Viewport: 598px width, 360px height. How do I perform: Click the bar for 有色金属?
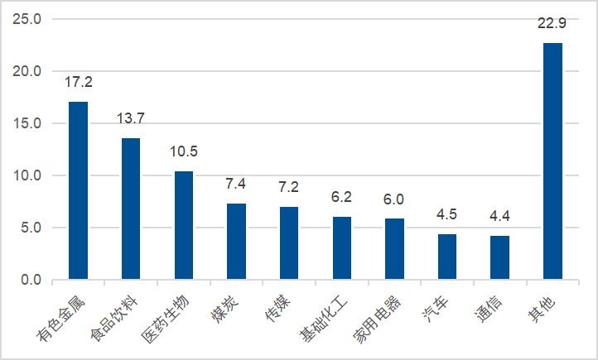click(78, 190)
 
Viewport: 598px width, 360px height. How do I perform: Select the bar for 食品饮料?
click(131, 209)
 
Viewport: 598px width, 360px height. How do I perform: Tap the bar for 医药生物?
click(184, 225)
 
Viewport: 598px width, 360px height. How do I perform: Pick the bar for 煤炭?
click(236, 242)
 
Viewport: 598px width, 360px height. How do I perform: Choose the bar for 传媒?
click(289, 243)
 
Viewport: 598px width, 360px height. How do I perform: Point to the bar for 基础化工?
click(342, 248)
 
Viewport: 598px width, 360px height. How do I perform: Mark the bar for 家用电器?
click(395, 249)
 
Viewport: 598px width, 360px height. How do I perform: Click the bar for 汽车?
click(447, 257)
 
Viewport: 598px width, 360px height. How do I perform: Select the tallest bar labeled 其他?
click(553, 161)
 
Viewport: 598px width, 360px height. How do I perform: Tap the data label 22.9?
click(552, 23)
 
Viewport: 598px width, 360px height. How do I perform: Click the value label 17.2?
click(79, 82)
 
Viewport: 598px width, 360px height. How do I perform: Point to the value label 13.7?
click(131, 118)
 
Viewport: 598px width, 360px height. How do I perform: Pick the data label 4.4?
click(499, 216)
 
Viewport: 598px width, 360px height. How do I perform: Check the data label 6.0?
click(393, 199)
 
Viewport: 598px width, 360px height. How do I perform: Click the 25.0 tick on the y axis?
click(27, 19)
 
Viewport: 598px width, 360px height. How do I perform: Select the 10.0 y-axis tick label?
click(27, 175)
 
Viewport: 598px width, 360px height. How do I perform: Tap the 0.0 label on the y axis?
click(31, 280)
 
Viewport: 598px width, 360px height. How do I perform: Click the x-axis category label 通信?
click(489, 310)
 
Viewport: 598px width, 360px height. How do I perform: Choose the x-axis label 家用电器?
click(377, 319)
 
